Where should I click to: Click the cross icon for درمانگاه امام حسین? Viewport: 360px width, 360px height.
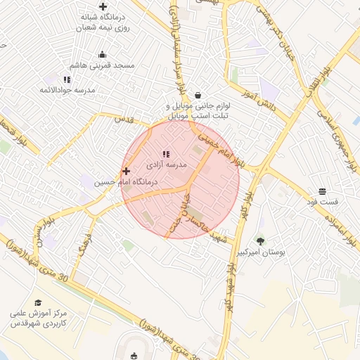click(x=126, y=171)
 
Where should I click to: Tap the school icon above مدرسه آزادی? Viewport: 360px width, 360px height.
click(x=166, y=154)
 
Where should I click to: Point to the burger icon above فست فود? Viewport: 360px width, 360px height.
click(x=322, y=191)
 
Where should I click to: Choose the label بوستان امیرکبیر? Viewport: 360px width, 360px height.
click(x=265, y=252)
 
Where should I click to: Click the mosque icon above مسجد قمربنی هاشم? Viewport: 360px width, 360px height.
click(x=103, y=55)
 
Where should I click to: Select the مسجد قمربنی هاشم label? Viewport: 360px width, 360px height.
click(x=106, y=65)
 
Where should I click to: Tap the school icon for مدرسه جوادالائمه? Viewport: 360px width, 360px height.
click(x=67, y=79)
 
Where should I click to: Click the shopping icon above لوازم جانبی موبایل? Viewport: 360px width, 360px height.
click(x=198, y=95)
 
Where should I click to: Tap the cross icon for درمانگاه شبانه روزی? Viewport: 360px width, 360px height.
click(x=103, y=6)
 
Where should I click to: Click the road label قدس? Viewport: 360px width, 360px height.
click(x=124, y=120)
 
